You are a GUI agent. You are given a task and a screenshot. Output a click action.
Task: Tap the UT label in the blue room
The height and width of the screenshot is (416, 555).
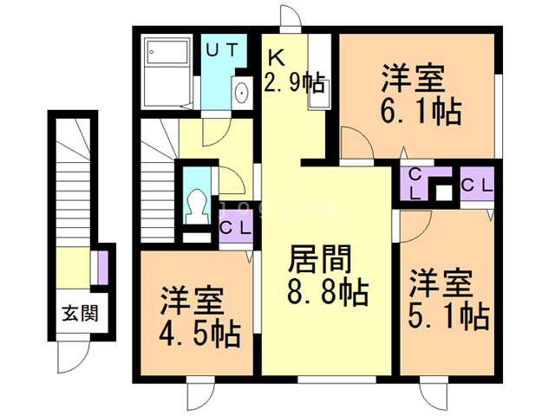[221, 50]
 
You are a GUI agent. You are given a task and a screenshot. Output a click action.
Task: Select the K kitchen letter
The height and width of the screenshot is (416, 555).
[276, 58]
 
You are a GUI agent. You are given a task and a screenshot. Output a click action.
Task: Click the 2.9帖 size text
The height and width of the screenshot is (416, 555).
[295, 84]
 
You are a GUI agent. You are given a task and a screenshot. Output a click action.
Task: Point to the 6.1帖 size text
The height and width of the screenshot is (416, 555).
[419, 111]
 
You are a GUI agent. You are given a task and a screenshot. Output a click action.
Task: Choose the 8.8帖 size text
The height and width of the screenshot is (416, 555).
[327, 289]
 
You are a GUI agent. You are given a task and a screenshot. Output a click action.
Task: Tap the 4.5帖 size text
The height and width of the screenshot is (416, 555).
[199, 331]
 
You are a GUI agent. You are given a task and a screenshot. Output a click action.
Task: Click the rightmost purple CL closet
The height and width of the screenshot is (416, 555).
[476, 184]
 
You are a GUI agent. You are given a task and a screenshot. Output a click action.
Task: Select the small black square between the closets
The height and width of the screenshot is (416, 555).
[444, 192]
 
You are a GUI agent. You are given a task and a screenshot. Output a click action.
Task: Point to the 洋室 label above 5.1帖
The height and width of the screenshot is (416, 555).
[441, 283]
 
